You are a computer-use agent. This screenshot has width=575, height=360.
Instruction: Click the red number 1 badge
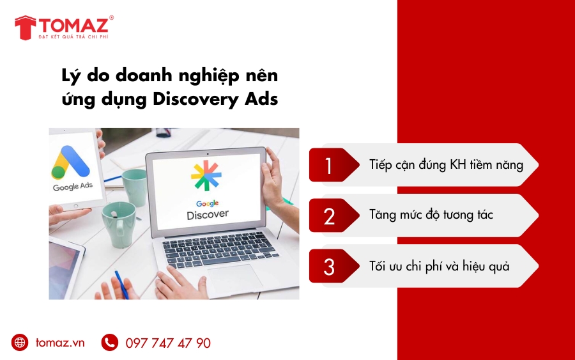click(329, 166)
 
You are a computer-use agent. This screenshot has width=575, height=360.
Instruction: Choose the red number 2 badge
click(329, 216)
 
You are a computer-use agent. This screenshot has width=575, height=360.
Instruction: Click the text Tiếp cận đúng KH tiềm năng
click(446, 165)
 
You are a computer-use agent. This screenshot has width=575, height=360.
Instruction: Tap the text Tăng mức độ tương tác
click(431, 215)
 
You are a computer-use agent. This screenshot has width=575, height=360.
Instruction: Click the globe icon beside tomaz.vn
click(20, 343)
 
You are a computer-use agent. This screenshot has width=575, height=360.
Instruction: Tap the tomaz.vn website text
click(60, 343)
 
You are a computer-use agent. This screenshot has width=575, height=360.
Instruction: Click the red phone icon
click(110, 343)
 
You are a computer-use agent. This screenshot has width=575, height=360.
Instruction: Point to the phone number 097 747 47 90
click(168, 343)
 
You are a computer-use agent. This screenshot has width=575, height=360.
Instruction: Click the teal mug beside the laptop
click(119, 224)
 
